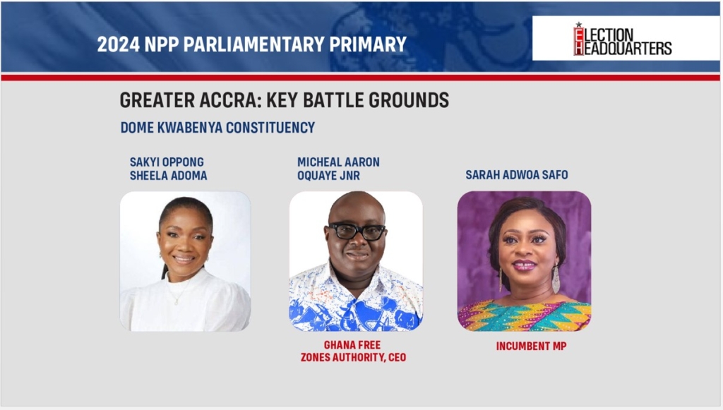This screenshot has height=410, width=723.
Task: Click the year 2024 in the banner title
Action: (x=118, y=44)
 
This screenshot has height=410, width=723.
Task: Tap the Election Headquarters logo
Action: (x=623, y=40)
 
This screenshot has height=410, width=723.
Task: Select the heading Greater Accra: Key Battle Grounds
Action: (x=284, y=100)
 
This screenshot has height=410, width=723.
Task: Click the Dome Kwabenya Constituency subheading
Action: (x=217, y=128)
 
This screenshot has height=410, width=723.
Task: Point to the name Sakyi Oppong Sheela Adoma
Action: (x=168, y=169)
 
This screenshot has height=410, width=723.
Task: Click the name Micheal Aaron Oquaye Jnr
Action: (x=338, y=169)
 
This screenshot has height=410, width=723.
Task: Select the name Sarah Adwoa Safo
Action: (x=516, y=175)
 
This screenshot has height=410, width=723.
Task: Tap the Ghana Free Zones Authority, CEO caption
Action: (x=353, y=351)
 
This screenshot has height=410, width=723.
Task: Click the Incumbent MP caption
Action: (x=531, y=346)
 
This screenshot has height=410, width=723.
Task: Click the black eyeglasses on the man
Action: (x=357, y=231)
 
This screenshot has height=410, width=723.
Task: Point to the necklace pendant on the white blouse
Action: (x=176, y=302)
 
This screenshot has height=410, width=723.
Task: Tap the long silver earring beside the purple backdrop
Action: (x=556, y=279)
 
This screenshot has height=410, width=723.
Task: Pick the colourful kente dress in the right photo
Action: (x=525, y=316)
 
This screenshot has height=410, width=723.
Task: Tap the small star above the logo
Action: (x=578, y=25)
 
